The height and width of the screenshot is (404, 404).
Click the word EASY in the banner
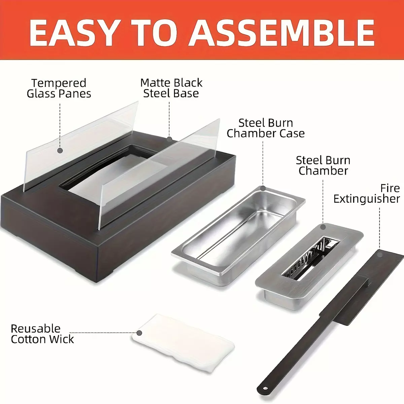[x=72, y=33]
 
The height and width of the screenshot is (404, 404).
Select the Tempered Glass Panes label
[x=59, y=88]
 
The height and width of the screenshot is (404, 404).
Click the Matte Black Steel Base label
[x=171, y=88]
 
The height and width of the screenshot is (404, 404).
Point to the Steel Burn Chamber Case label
[x=266, y=128]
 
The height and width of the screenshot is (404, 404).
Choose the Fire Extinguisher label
[x=367, y=194]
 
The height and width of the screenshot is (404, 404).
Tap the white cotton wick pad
[x=183, y=343]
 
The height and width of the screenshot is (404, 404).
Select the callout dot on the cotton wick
[x=139, y=333]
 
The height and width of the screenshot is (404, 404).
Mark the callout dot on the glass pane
[x=60, y=150]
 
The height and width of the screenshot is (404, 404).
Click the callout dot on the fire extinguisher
[x=379, y=255]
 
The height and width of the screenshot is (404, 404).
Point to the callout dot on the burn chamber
[x=323, y=227]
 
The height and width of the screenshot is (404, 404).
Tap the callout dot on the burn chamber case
[x=263, y=188]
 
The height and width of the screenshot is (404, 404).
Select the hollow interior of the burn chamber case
[x=238, y=229]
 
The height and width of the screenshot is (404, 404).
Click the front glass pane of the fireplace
[x=159, y=174]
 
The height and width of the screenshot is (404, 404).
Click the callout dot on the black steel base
[x=169, y=139]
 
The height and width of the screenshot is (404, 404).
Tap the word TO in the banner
[x=153, y=33]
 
